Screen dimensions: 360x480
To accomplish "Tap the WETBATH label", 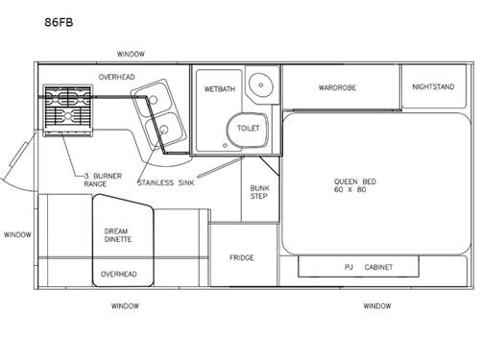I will point(218,87).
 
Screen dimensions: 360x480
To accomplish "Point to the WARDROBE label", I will point(338,87).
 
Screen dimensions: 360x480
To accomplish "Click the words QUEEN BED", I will point(353,181).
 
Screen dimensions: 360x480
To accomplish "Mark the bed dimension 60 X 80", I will point(353,191).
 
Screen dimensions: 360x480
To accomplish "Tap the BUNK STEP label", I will point(259,193).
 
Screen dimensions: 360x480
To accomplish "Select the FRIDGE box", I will point(241,257).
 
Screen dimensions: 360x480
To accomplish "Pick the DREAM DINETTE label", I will point(117,234).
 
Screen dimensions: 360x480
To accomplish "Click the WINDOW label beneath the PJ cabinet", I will point(376,306).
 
